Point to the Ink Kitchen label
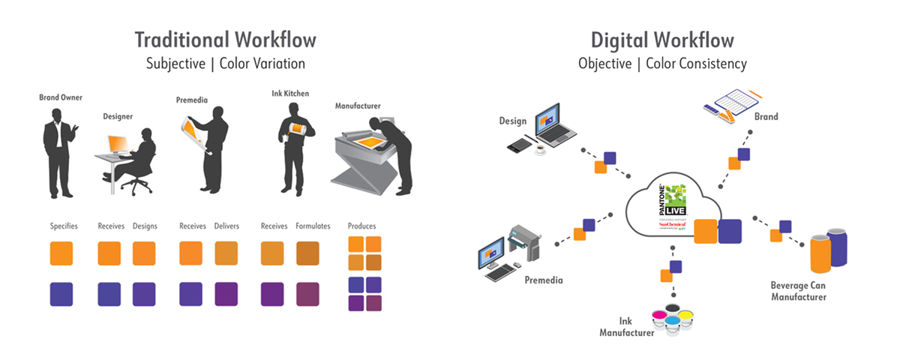(290, 94)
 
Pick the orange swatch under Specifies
(61, 253)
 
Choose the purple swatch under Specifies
(61, 293)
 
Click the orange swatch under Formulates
(308, 253)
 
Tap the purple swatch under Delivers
(226, 293)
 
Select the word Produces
(362, 226)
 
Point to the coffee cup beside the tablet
(540, 148)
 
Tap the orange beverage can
(821, 253)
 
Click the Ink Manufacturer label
(627, 327)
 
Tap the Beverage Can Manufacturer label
(798, 291)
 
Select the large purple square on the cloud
(730, 231)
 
